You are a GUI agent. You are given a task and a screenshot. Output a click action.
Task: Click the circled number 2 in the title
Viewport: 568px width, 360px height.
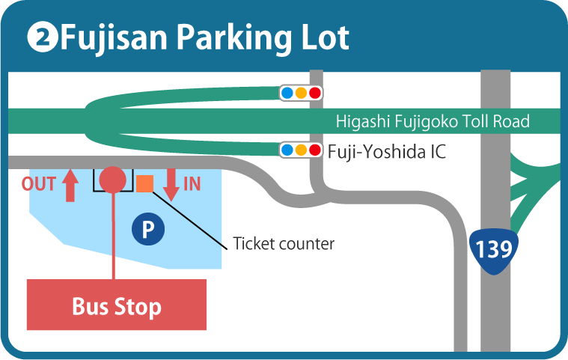[43, 37]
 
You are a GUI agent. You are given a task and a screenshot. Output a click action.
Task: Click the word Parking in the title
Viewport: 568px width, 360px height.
[234, 39]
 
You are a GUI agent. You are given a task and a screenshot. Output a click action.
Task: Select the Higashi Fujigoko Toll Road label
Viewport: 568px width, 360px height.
[433, 121]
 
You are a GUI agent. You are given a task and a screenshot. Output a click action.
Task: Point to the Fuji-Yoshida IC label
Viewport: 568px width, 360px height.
[386, 151]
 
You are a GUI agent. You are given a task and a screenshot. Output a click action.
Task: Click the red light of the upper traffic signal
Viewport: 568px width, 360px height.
[315, 93]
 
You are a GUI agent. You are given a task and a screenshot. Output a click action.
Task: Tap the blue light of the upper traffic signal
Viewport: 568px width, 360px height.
[287, 93]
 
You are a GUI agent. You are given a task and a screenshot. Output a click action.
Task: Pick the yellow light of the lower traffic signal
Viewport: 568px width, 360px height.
[301, 150]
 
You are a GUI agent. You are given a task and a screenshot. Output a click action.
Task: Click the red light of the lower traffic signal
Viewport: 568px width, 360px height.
[315, 150]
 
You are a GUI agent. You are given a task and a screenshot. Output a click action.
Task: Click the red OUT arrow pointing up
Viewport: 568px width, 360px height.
[70, 186]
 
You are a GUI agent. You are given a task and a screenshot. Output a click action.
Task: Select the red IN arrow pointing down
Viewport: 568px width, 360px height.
[171, 185]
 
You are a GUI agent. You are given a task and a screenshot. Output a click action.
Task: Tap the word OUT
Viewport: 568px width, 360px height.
[38, 184]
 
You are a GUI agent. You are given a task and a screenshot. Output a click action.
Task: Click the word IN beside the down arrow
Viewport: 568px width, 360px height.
[192, 184]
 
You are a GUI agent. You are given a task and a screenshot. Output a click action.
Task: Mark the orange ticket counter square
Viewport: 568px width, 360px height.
[145, 183]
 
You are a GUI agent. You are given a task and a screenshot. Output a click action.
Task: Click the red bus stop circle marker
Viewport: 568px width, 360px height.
[113, 180]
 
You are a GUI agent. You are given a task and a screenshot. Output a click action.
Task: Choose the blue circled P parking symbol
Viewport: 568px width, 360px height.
[148, 229]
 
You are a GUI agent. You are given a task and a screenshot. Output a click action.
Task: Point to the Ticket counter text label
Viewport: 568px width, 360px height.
[284, 244]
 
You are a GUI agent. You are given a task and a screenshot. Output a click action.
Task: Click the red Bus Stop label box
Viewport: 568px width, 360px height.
[117, 305]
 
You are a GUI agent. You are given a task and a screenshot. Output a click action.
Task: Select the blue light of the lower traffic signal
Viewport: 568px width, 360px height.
[287, 150]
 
